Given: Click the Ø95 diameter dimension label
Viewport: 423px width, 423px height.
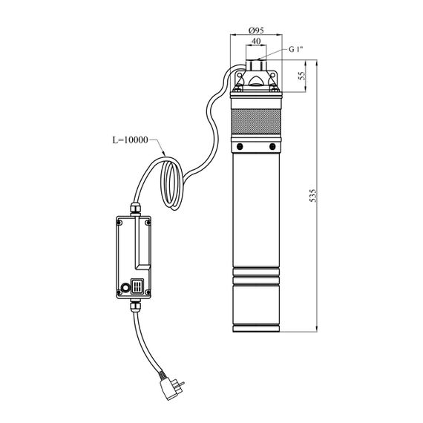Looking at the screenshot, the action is [256, 30].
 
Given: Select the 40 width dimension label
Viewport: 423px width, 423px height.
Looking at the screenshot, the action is [256, 41].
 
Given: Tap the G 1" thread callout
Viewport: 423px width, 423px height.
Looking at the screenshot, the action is [296, 50].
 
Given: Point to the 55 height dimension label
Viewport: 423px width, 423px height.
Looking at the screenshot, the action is [302, 76].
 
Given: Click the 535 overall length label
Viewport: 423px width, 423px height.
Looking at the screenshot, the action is [312, 196].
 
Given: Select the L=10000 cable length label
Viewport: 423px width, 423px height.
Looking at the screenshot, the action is [131, 140].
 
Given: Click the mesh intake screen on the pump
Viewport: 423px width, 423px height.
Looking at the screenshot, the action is [256, 122].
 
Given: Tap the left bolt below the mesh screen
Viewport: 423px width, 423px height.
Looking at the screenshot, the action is [240, 146].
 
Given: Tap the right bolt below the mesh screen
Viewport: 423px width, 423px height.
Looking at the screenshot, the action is [272, 146].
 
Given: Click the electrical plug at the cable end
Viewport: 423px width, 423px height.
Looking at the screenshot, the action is [170, 387].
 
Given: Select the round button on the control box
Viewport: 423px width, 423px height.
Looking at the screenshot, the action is [125, 288].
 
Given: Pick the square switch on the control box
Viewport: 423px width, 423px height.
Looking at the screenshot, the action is [137, 286].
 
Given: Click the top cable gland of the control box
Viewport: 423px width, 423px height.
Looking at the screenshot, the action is [135, 209].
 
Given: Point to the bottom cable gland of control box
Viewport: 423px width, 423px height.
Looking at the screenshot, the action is [135, 306].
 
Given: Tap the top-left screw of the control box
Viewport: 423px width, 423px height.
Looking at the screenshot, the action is [119, 223].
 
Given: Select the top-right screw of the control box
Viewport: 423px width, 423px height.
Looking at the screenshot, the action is [148, 223].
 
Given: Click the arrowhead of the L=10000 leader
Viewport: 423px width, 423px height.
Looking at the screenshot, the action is [163, 153].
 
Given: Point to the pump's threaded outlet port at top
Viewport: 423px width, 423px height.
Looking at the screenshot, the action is [256, 65].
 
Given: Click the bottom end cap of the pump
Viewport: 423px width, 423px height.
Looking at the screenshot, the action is [256, 328].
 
